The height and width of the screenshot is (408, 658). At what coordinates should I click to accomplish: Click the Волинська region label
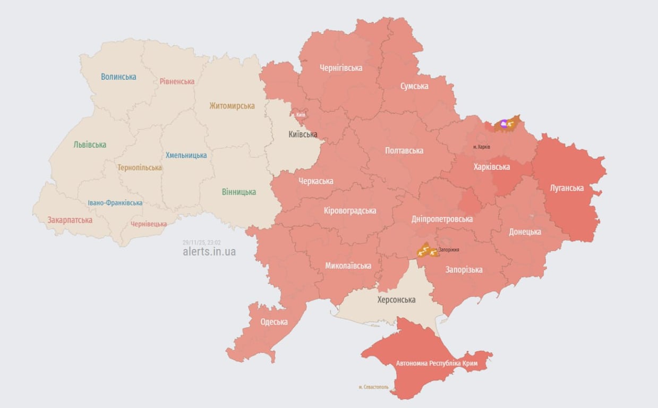118,76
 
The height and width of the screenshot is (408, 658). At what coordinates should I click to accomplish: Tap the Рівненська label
177,81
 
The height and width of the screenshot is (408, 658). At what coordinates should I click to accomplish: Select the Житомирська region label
232,106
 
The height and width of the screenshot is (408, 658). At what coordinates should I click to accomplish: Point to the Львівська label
90,144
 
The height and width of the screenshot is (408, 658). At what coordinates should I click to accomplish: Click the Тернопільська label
140,167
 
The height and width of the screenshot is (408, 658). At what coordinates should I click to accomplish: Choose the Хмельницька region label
186,155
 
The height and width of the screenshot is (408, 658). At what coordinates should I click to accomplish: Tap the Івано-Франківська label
115,203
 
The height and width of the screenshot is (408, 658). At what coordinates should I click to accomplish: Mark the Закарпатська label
70,220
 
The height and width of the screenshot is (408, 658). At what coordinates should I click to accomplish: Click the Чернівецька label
149,224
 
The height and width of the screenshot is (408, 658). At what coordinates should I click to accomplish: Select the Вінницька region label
238,192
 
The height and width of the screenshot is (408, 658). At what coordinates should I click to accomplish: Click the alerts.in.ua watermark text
209,251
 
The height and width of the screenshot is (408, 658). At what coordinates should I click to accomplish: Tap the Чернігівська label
341,68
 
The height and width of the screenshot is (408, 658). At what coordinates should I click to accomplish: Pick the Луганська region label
566,188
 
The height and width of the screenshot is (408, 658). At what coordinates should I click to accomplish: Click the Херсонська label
396,300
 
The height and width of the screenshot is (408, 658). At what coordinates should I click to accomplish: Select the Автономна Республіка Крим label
437,363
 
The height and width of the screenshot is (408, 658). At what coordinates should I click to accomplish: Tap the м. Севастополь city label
373,387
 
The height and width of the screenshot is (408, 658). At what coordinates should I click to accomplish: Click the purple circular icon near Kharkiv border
503,124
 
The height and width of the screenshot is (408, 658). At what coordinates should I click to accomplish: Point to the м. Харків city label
481,147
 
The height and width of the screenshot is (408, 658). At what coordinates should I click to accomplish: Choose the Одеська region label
274,322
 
